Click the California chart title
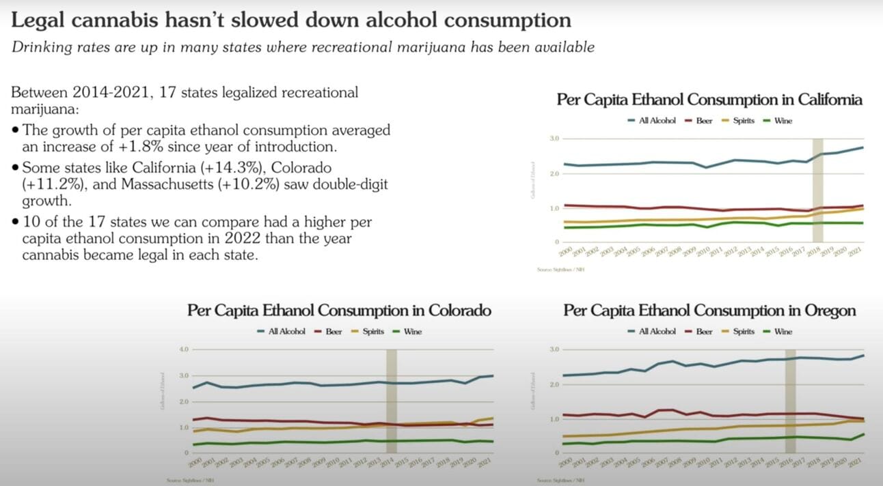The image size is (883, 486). click(709, 100)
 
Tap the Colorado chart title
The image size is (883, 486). click(339, 311)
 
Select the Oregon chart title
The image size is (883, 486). click(709, 311)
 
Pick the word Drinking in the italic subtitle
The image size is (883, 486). click(38, 47)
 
